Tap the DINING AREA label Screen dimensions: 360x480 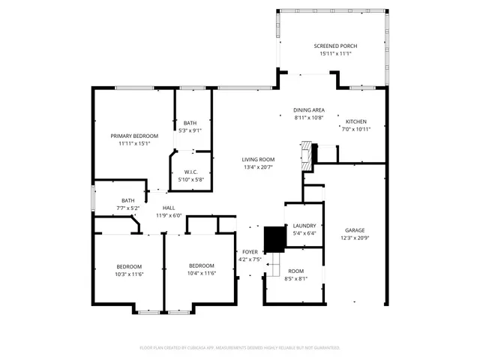(x=308, y=110)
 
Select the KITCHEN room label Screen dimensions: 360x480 (x=355, y=121)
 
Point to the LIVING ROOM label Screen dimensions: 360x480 (x=257, y=159)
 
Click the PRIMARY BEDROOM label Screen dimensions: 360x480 (x=134, y=136)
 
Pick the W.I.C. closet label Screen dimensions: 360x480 (x=190, y=172)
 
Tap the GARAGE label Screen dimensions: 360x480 (x=355, y=230)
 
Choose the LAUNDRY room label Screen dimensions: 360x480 (x=304, y=225)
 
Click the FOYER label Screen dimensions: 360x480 (x=250, y=252)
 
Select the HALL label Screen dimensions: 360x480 (x=169, y=208)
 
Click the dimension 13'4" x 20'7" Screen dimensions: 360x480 (x=257, y=166)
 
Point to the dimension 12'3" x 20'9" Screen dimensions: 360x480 (x=355, y=238)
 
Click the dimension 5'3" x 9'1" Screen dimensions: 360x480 (x=190, y=130)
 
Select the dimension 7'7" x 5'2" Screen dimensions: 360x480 (x=128, y=208)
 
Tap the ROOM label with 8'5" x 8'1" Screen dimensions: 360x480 (x=295, y=271)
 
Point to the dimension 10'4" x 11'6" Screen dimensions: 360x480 (x=202, y=273)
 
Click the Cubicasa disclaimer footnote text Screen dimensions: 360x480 (x=240, y=348)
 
